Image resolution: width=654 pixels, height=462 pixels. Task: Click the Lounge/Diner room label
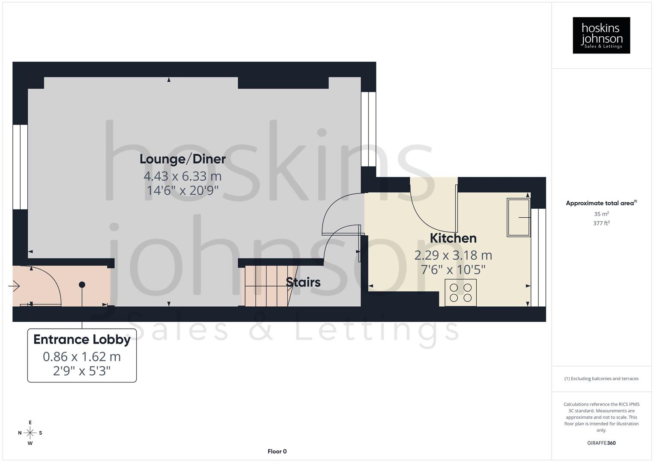(182, 159)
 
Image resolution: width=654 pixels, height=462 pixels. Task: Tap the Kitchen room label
(453, 238)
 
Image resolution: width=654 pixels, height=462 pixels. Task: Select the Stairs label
(303, 282)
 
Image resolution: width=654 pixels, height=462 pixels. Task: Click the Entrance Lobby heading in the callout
(82, 340)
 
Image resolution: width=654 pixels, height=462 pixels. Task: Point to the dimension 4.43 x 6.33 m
(182, 176)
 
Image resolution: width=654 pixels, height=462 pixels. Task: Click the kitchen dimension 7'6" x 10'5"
(453, 270)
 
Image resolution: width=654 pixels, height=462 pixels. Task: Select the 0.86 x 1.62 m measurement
(82, 357)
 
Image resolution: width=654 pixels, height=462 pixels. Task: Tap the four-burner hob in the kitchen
(460, 293)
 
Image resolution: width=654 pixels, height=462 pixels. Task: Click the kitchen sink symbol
(518, 217)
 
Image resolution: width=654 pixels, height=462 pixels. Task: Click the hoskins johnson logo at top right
(601, 36)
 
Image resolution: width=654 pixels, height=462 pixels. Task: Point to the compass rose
(30, 433)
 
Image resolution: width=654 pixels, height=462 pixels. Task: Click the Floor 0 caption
(277, 451)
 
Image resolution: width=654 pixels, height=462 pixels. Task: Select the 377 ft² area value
(601, 223)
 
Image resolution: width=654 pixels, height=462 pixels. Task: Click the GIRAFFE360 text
(601, 443)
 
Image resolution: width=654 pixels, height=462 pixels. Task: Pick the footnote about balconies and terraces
(601, 379)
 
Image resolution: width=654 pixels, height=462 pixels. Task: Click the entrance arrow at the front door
(14, 286)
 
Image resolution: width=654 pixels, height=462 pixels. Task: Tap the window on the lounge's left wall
(20, 167)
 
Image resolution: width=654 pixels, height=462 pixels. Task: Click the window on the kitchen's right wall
(538, 257)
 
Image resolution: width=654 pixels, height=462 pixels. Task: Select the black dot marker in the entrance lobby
(82, 285)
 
